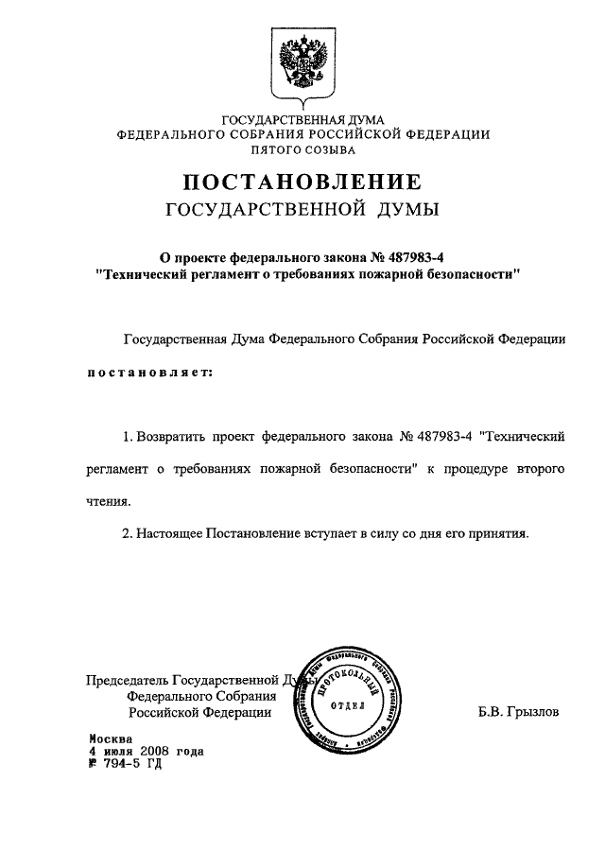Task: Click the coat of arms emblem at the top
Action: [x=302, y=63]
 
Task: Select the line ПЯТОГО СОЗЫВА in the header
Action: [x=302, y=149]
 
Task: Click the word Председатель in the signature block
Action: [x=127, y=680]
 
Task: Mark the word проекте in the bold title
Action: [x=208, y=254]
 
